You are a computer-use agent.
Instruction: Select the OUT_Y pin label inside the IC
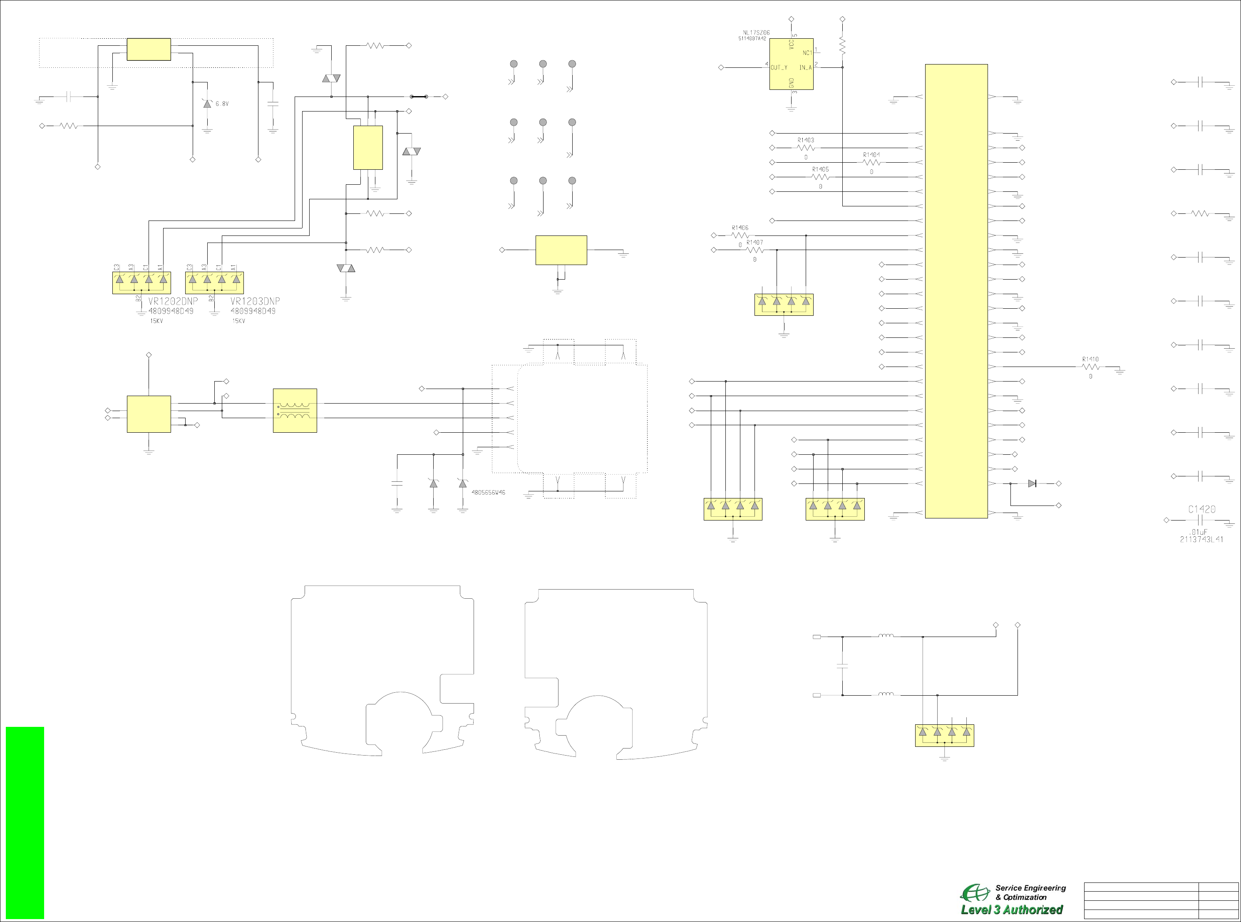(779, 67)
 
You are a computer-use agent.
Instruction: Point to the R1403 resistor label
(806, 140)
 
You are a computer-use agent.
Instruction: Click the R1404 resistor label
(871, 155)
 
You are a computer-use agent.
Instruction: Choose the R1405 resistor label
(820, 169)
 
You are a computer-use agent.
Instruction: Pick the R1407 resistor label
(754, 242)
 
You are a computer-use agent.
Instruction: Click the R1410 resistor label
(1090, 359)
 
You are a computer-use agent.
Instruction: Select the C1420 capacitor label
(1201, 509)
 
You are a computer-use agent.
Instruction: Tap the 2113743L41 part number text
(1201, 540)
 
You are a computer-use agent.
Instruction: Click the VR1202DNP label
(173, 301)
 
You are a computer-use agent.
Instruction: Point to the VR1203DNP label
(255, 301)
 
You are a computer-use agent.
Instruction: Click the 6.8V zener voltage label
(222, 104)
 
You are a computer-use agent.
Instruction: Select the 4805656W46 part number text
(489, 493)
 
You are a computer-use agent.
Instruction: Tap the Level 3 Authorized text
(1012, 909)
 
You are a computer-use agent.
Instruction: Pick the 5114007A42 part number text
(752, 39)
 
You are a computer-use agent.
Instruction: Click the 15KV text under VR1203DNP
(238, 321)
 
